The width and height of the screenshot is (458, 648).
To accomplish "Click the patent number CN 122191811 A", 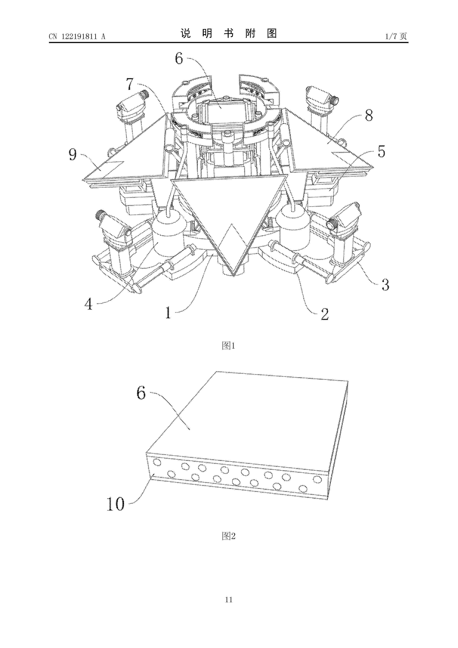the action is tap(77, 36).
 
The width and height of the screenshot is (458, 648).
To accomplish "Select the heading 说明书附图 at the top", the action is tap(229, 34).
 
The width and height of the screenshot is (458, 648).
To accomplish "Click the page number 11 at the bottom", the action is tap(229, 600).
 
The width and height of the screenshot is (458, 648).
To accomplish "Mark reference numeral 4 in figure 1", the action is tap(89, 304).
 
